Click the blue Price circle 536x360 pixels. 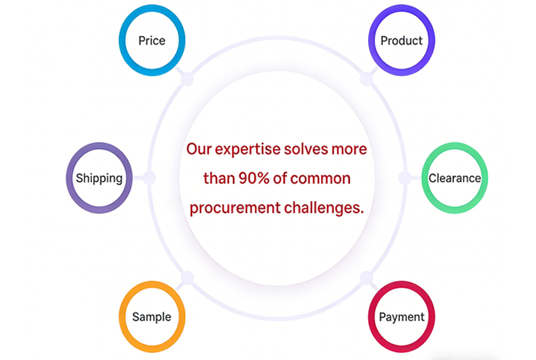[152, 40]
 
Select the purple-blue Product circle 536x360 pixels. [402, 40]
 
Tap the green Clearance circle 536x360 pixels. [455, 178]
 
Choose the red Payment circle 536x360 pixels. [402, 317]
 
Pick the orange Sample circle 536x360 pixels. [152, 317]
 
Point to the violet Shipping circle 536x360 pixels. [99, 178]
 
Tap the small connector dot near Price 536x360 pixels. [187, 79]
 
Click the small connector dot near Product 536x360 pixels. [366, 79]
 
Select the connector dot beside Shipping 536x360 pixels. [149, 178]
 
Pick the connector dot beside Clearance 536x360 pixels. [404, 178]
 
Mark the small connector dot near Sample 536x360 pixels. [187, 279]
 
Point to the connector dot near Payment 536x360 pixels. [366, 279]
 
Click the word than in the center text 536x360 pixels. [218, 178]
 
